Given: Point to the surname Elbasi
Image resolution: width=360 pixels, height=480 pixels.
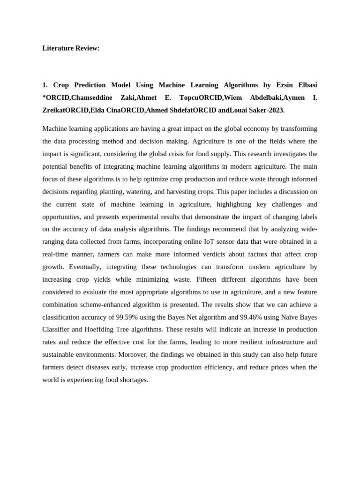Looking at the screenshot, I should click(304, 85).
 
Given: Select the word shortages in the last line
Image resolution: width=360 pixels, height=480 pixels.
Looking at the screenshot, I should click(133, 380).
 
